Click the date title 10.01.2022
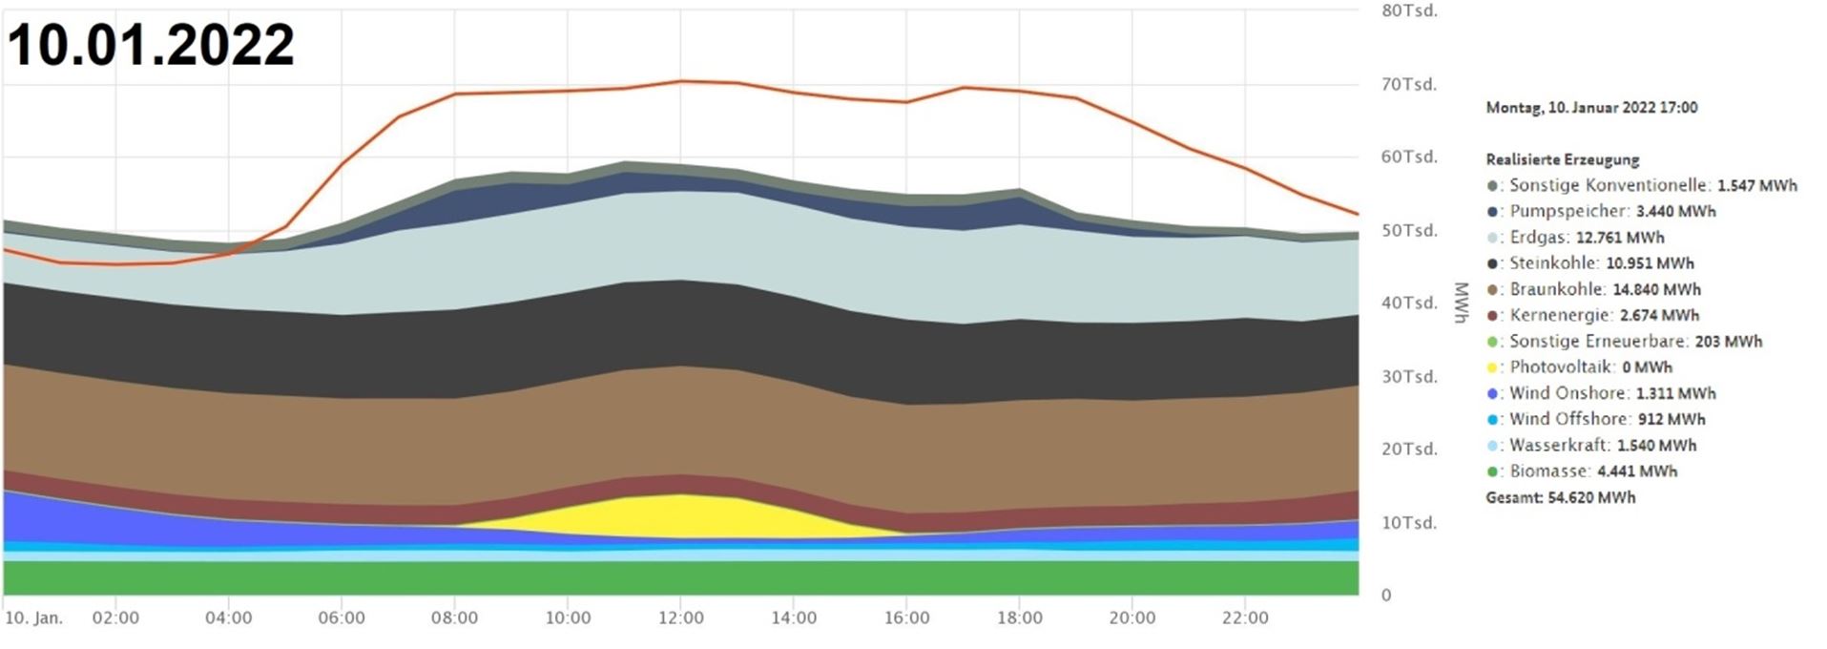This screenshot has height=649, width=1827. (x=151, y=45)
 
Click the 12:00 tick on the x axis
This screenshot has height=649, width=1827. (x=679, y=618)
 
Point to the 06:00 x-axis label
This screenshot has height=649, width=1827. (x=342, y=618)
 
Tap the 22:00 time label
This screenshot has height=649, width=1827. (x=1245, y=618)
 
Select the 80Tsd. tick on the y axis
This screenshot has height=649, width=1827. (x=1409, y=10)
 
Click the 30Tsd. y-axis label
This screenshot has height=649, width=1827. (x=1409, y=377)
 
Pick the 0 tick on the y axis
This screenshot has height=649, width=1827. (x=1386, y=596)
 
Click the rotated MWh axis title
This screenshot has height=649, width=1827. (x=1461, y=303)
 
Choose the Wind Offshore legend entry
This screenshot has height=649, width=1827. (x=1596, y=419)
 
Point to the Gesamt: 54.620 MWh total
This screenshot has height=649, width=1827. (x=1561, y=497)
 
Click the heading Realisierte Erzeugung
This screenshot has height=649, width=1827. (x=1563, y=160)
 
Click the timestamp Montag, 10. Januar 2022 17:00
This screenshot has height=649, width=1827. (x=1592, y=108)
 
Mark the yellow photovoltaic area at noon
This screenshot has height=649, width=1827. (x=679, y=516)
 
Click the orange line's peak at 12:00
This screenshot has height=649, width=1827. (x=679, y=81)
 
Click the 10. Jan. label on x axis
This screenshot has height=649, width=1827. (x=34, y=618)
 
